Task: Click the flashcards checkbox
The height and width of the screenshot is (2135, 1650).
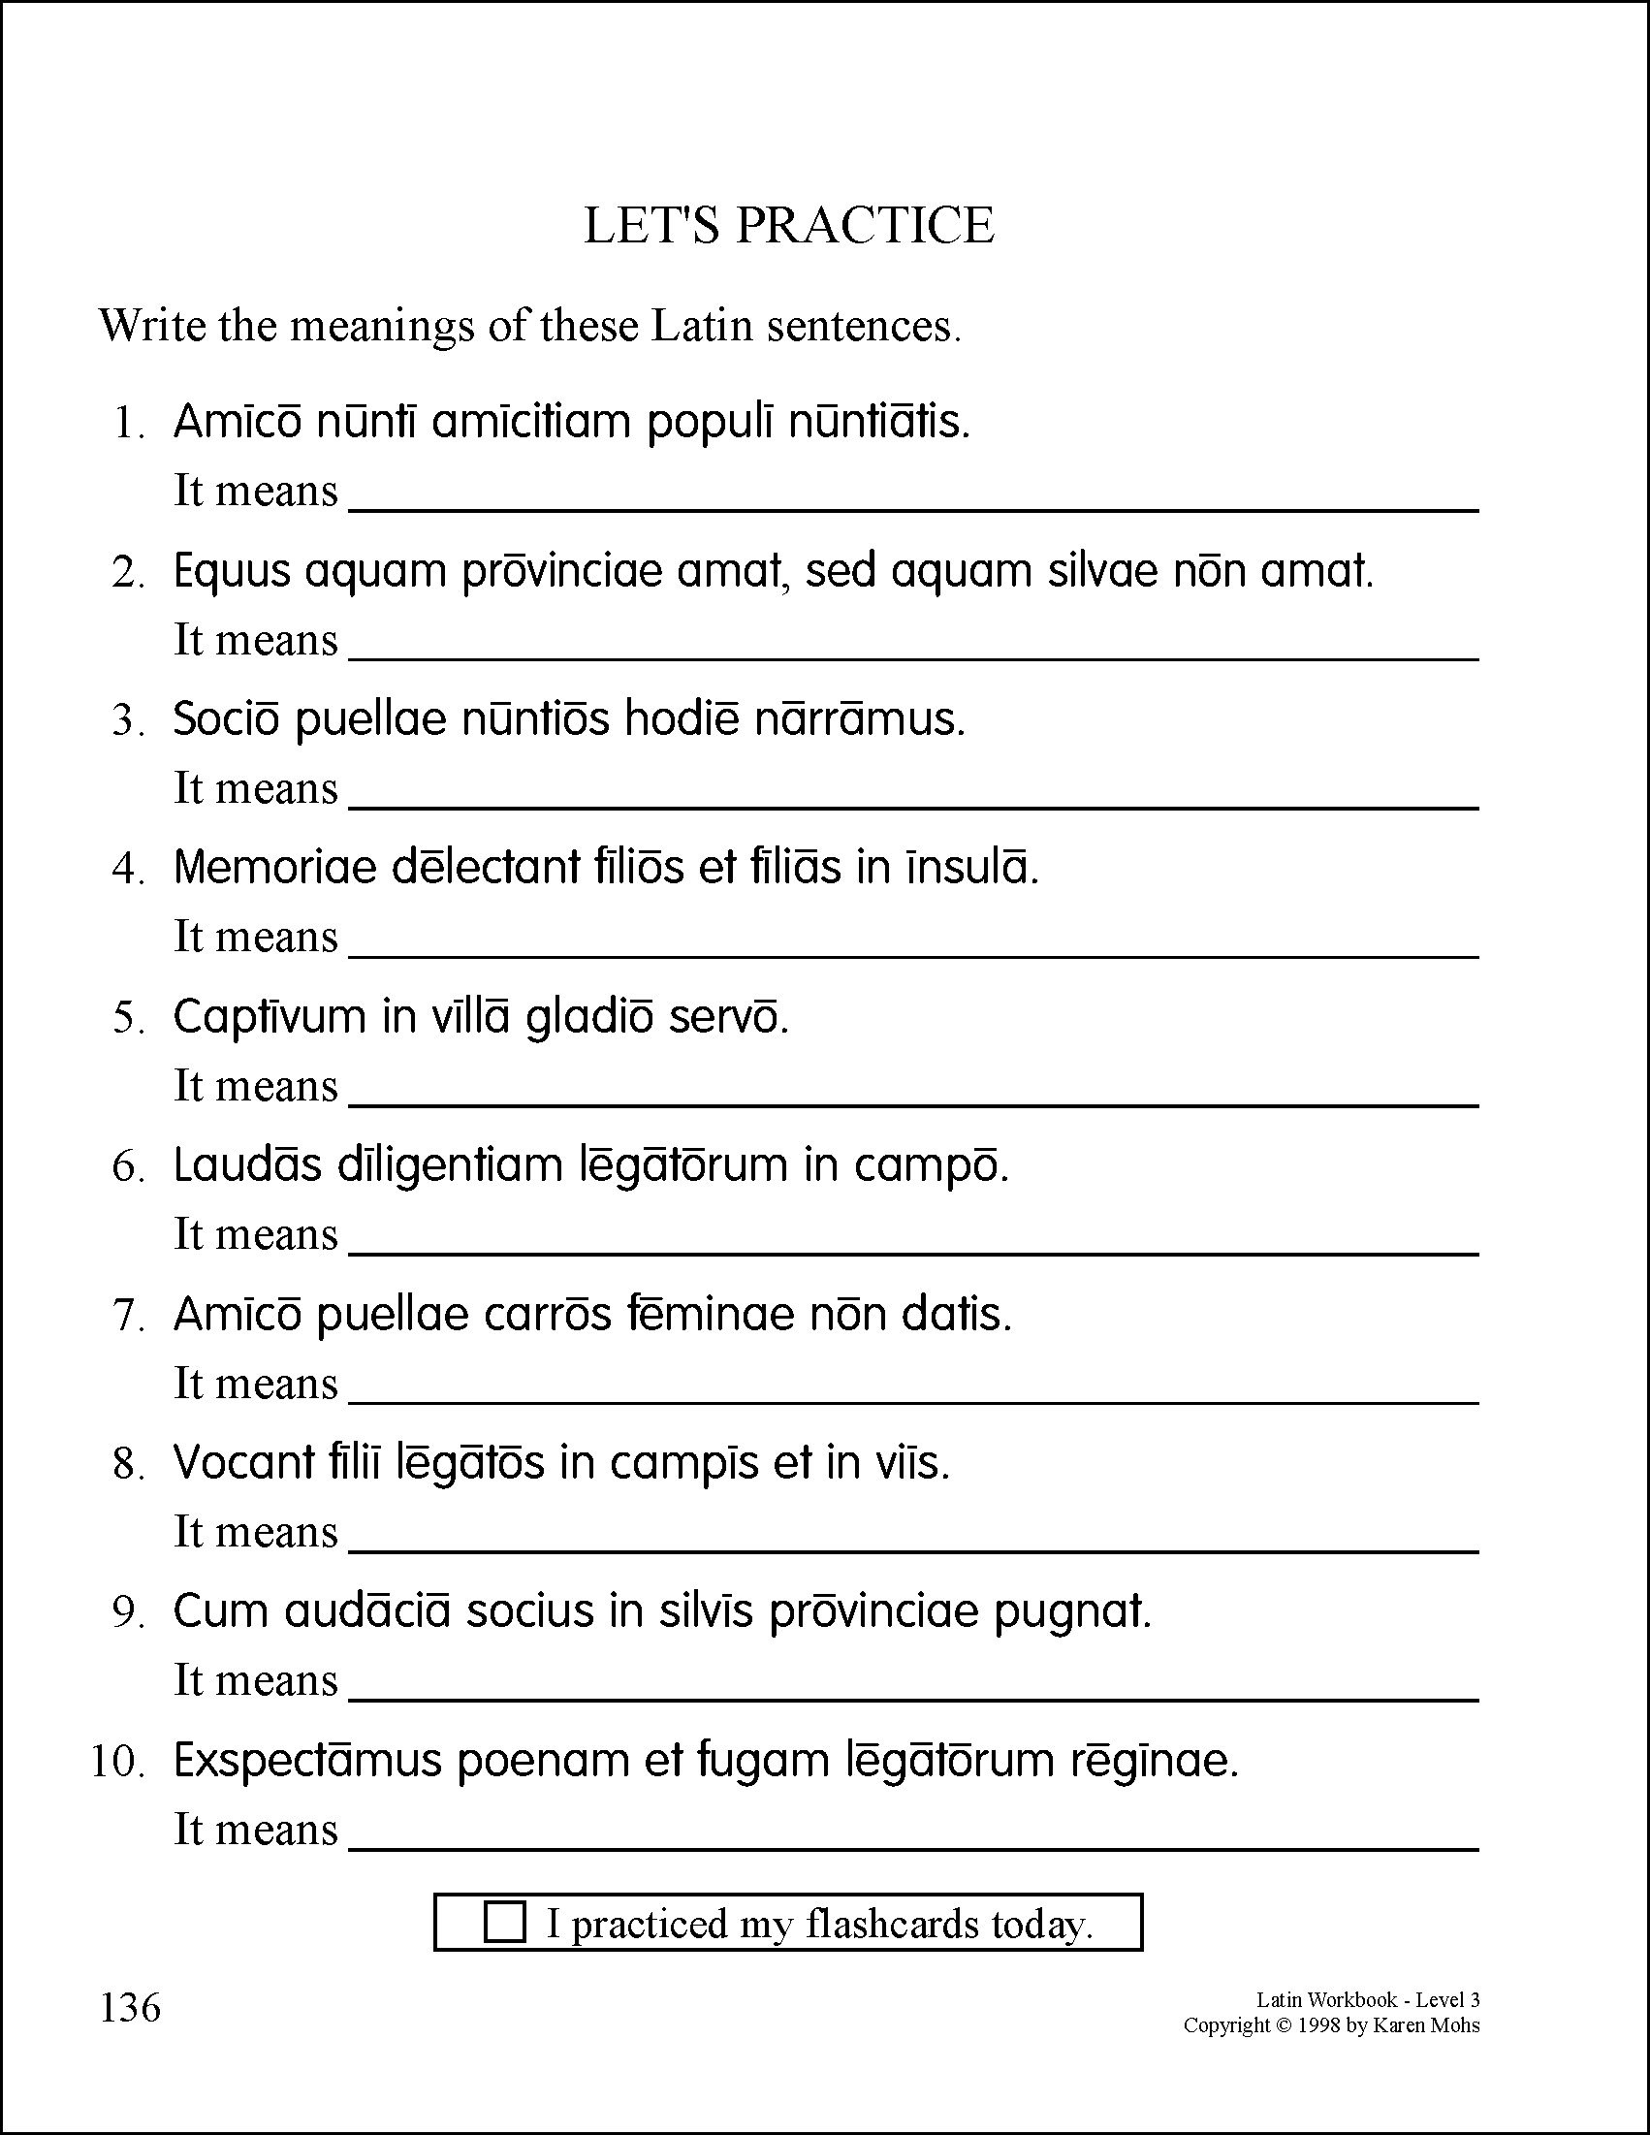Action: click(504, 1922)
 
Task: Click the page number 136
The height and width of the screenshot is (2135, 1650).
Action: click(130, 2007)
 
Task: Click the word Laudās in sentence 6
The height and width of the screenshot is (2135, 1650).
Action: click(247, 1165)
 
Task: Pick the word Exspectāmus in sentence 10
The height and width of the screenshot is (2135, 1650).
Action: click(308, 1761)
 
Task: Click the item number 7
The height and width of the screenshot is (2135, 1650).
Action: click(129, 1316)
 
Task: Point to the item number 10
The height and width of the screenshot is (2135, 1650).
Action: click(117, 1762)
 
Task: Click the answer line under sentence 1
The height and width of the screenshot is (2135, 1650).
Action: click(913, 506)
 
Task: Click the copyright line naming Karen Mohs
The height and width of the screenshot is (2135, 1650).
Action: click(1331, 2025)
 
